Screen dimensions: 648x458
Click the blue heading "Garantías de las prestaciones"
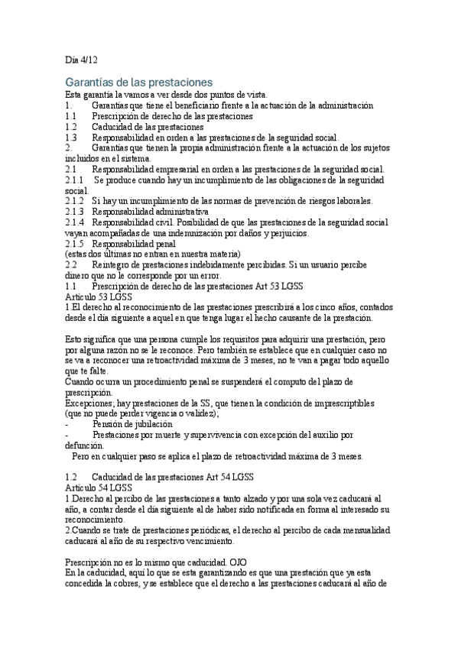pos(138,82)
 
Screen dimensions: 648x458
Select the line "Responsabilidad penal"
pos(133,244)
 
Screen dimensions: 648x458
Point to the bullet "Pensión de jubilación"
pos(132,423)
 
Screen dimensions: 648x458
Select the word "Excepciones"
pos(88,403)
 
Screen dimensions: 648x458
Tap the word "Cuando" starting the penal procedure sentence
pos(81,381)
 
